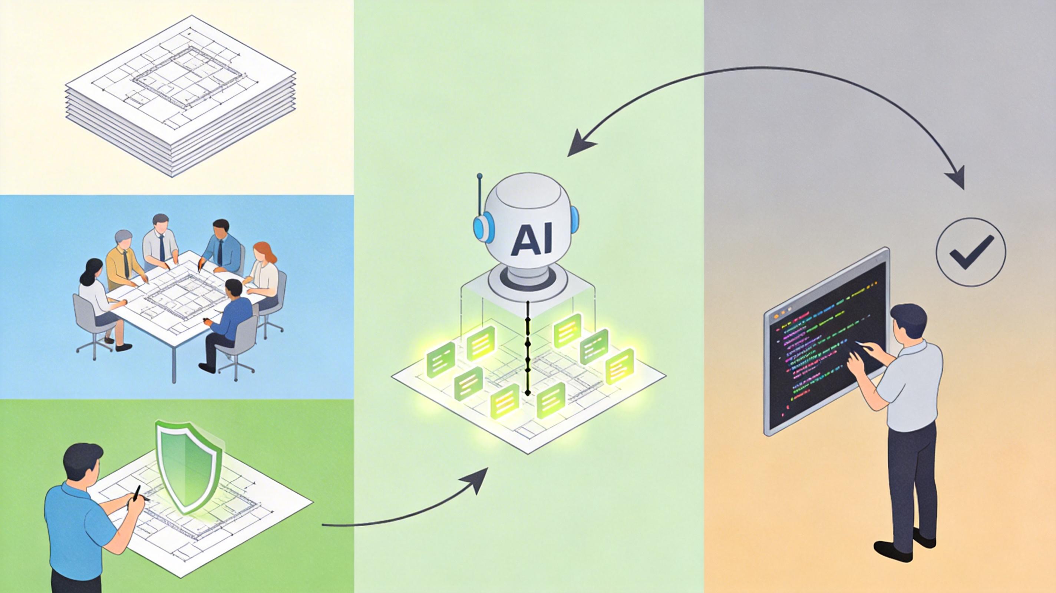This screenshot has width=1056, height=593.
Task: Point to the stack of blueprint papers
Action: tap(180, 96)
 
